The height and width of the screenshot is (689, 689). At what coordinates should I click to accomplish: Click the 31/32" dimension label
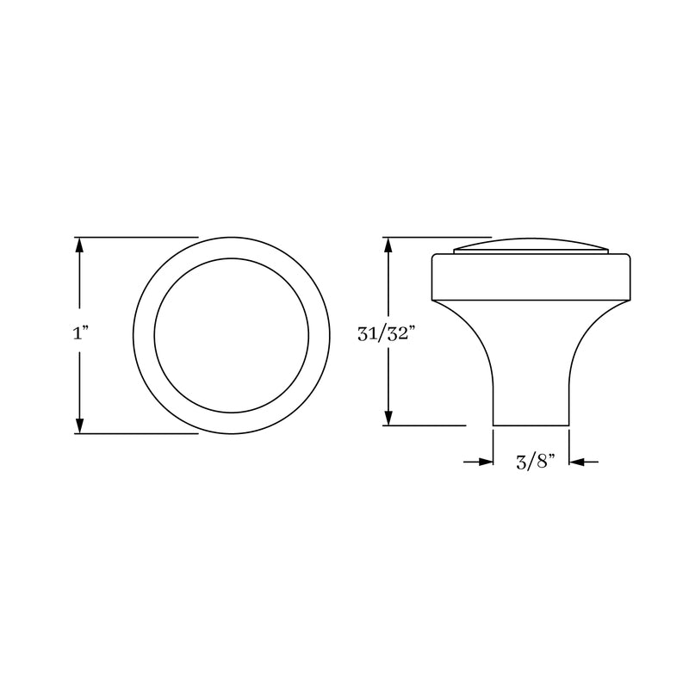(387, 334)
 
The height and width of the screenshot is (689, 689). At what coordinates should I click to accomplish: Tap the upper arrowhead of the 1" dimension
(80, 245)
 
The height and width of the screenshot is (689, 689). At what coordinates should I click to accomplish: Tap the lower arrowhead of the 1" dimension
(80, 425)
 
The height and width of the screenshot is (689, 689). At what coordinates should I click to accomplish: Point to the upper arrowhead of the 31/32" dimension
(389, 245)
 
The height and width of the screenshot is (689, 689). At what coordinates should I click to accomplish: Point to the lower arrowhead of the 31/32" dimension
(389, 418)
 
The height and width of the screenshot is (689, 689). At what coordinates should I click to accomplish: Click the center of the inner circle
(230, 334)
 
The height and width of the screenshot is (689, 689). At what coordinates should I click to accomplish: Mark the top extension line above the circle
(138, 236)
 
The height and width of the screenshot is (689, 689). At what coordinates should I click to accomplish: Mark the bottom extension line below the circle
(138, 434)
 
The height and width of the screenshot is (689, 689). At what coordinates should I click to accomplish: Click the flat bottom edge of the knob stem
(531, 425)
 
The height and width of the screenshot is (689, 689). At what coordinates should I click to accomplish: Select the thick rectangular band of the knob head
(531, 276)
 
